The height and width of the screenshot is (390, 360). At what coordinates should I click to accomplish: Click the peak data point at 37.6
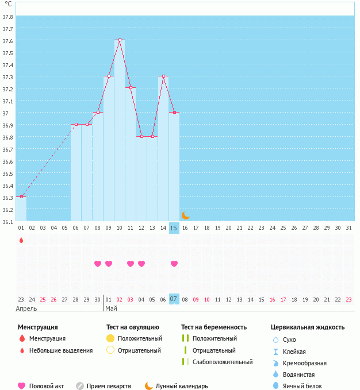[120, 40]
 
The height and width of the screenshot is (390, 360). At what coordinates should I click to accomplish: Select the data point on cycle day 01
[21, 196]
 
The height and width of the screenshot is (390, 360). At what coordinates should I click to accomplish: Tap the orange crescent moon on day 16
[185, 215]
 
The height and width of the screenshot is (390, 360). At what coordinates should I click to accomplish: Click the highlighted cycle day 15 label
[174, 228]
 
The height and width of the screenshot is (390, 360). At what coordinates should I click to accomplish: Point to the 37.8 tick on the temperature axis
[8, 16]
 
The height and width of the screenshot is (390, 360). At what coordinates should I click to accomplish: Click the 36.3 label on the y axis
[8, 197]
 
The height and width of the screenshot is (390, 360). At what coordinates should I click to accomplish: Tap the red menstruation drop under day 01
[21, 240]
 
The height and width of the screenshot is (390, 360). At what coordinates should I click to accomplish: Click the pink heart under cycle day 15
[174, 264]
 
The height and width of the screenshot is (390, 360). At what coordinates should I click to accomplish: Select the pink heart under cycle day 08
[98, 264]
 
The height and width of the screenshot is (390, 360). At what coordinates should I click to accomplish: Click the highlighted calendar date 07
[174, 299]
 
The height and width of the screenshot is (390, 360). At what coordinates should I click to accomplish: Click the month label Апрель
[26, 308]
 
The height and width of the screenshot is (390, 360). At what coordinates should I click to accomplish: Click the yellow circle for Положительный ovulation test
[110, 338]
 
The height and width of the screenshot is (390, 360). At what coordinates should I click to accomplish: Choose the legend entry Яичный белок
[302, 387]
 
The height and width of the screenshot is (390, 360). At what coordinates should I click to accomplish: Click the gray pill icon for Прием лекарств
[80, 387]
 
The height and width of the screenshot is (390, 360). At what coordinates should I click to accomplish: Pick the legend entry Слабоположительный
[223, 362]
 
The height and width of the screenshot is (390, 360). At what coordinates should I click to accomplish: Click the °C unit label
[8, 4]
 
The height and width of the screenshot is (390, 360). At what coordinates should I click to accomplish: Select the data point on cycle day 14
[163, 76]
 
